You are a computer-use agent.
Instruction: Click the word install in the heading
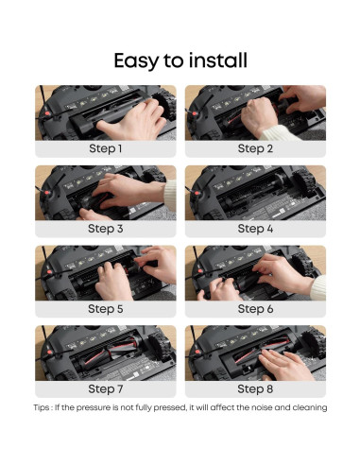coord(217,60)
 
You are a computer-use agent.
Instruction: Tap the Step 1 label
coord(106,148)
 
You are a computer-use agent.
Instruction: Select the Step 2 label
coord(255,148)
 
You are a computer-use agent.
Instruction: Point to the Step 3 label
coord(106,229)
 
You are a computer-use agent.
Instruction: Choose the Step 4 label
coord(255,229)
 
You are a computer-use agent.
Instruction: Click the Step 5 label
coord(106,309)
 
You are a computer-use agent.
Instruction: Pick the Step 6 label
coord(255,309)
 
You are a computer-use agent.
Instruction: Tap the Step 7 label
coord(106,388)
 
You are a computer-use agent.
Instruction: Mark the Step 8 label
coord(255,388)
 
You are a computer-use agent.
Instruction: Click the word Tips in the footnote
coord(42,407)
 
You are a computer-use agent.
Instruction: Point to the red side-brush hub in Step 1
coord(47,113)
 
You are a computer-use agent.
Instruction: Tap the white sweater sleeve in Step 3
coord(170,196)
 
